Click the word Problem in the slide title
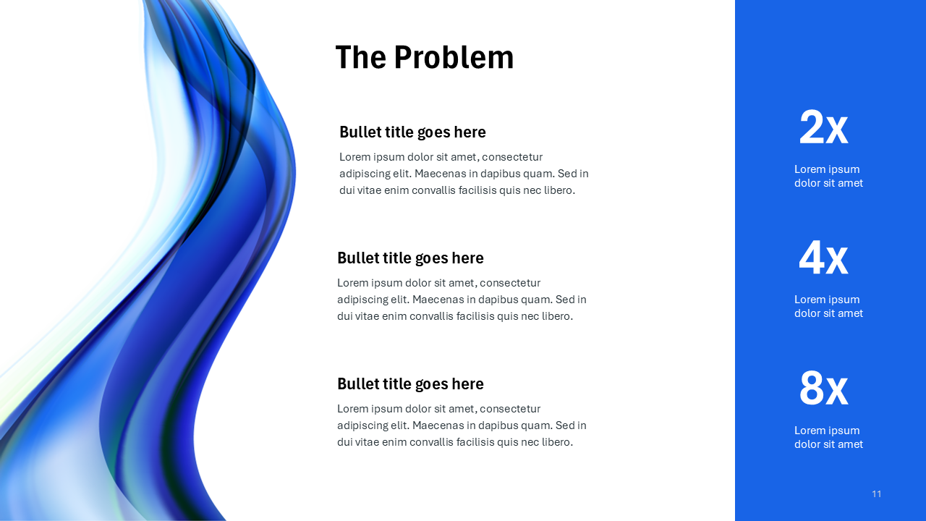point(454,58)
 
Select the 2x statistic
point(823,128)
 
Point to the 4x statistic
point(823,258)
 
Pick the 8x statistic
point(823,389)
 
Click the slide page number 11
point(877,494)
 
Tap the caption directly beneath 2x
point(828,176)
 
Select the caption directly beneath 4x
point(828,306)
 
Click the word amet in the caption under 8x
point(850,444)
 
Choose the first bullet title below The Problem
point(412,132)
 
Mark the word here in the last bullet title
point(467,384)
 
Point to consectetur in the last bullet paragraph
point(510,409)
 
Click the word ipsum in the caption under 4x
point(844,300)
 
